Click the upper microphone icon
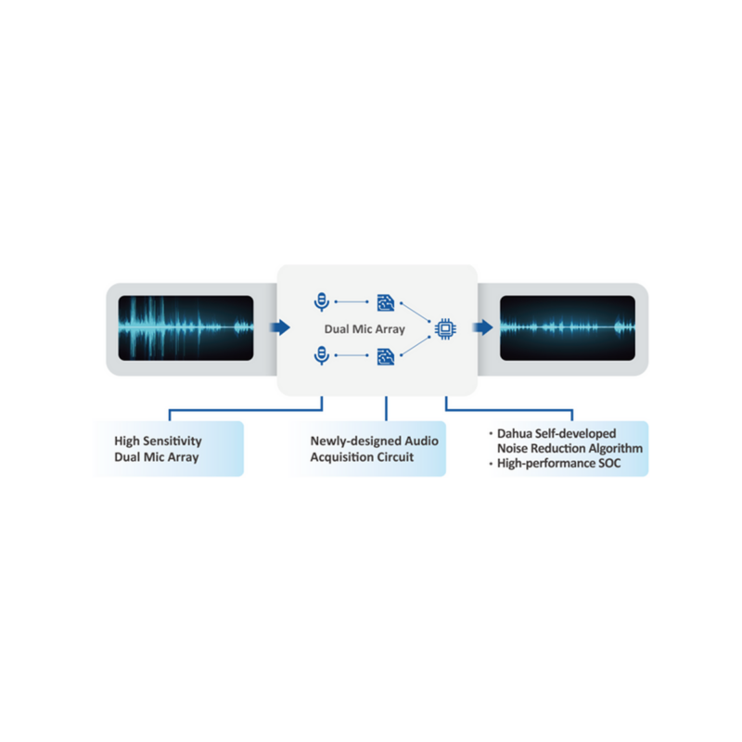[321, 301]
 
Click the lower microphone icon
[321, 354]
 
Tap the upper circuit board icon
[385, 301]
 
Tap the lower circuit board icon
[385, 355]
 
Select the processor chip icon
[444, 327]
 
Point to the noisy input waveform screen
[185, 328]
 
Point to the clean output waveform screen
[568, 328]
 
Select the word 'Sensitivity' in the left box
[171, 441]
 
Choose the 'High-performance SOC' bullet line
[559, 463]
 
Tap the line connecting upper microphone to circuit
[352, 301]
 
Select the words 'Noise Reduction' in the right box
[541, 448]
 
